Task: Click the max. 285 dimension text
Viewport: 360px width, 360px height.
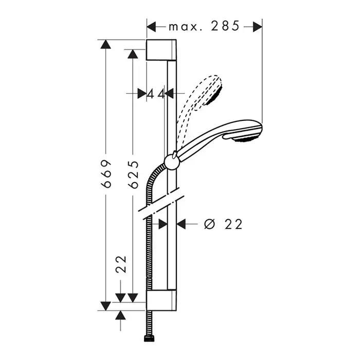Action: point(204,26)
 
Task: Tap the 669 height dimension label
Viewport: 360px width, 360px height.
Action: point(106,174)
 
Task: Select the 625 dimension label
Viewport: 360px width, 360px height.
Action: point(133,174)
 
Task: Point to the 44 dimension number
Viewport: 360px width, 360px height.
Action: point(156,94)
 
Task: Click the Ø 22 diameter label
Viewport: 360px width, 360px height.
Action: point(223,224)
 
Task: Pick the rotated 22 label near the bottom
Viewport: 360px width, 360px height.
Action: point(121,264)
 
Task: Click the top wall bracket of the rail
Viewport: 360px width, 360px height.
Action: point(161,50)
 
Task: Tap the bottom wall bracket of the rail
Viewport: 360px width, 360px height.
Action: point(161,300)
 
